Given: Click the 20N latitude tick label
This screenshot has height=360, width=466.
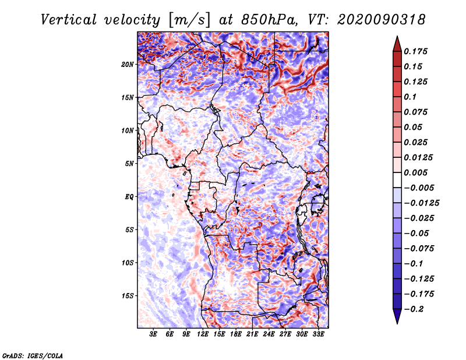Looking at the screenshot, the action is (x=128, y=65).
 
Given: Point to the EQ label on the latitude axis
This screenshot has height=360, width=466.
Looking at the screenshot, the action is (x=129, y=197).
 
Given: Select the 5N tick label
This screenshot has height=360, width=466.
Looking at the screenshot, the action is (x=129, y=164).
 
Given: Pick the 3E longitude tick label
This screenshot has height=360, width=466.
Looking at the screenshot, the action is (x=153, y=334).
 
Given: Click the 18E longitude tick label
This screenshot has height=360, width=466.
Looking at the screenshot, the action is (x=236, y=334).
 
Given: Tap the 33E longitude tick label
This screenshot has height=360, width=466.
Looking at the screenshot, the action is (x=318, y=334).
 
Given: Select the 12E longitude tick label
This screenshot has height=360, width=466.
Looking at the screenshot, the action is (x=203, y=334).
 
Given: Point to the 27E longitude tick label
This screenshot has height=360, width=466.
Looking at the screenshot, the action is (x=285, y=334).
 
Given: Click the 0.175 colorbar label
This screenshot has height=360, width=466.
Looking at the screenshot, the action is (x=415, y=51).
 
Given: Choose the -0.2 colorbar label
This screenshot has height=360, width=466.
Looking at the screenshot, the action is (x=414, y=309).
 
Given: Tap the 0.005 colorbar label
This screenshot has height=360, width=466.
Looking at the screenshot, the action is (x=415, y=172).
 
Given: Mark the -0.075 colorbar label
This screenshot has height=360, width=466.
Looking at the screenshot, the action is (x=419, y=249).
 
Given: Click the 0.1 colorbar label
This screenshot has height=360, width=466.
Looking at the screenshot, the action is (x=410, y=97).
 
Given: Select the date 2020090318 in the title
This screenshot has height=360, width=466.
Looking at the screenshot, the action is (x=382, y=20).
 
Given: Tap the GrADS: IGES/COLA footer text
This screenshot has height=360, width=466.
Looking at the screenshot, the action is (x=33, y=356).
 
